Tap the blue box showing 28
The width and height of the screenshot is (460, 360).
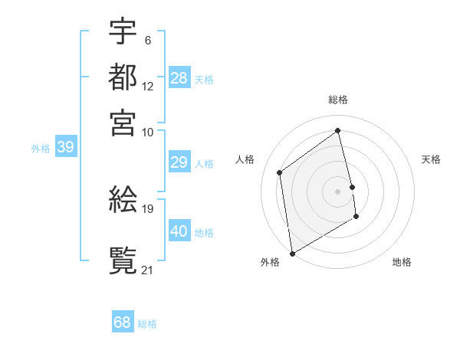click(179, 78)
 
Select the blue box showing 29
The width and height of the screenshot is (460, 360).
click(179, 162)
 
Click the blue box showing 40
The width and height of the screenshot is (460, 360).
click(179, 231)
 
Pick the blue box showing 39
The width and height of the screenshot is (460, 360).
click(66, 148)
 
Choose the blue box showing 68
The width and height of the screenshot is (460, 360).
click(123, 322)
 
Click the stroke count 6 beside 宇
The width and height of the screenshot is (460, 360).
click(147, 40)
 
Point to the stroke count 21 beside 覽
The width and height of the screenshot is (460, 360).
click(147, 269)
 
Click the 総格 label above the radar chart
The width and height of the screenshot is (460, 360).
click(338, 100)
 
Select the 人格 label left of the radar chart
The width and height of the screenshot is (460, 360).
click(245, 159)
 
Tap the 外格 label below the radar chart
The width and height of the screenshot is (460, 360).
click(270, 262)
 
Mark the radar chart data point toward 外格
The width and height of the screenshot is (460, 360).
click(292, 253)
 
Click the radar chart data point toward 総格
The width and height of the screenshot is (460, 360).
click(338, 130)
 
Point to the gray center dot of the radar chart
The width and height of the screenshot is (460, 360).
click(338, 191)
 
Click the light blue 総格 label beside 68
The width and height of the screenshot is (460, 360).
click(147, 324)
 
